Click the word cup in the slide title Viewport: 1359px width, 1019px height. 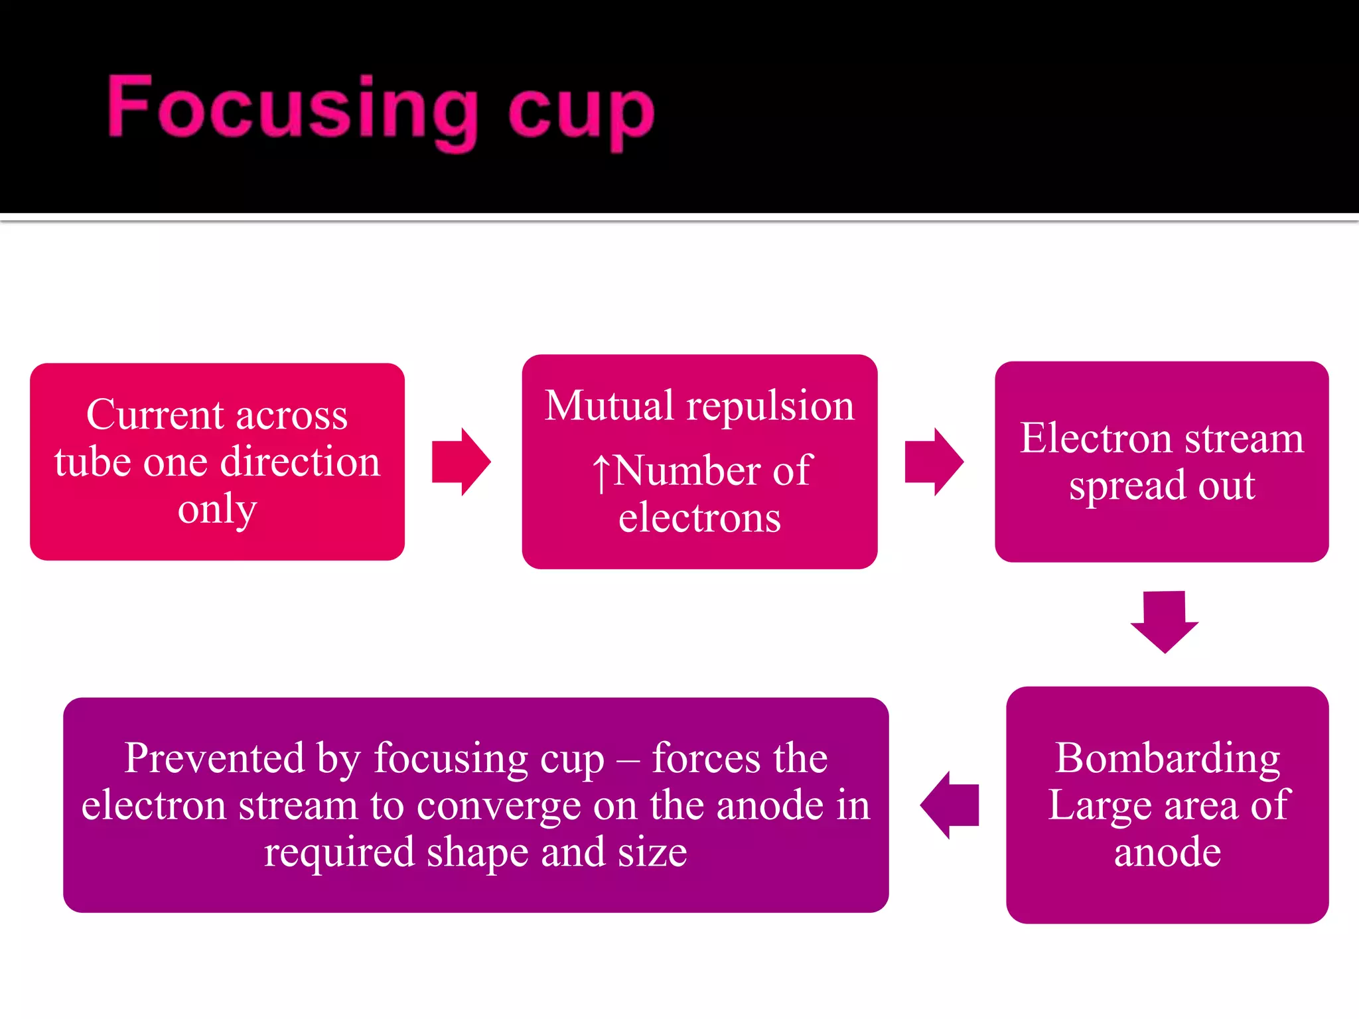click(581, 113)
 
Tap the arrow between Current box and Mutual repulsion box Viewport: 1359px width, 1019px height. click(461, 462)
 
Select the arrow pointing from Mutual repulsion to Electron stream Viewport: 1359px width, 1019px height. click(934, 462)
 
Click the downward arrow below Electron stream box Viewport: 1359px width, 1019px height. click(1165, 621)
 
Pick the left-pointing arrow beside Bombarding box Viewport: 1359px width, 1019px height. click(950, 805)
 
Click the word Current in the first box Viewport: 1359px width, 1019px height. click(155, 415)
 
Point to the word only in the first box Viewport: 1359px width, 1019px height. click(217, 509)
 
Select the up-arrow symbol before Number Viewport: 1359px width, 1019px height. click(601, 472)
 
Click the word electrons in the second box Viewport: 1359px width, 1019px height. click(699, 518)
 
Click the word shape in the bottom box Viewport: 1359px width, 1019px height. click(478, 854)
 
